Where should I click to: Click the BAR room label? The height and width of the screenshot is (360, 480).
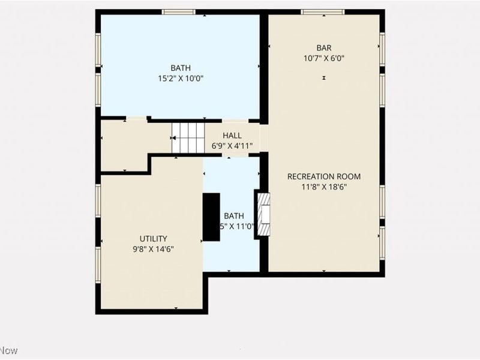coord(324,48)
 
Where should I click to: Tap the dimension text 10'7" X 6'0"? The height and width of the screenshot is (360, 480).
coord(324,58)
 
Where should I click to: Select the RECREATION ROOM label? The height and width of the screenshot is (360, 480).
coord(324,176)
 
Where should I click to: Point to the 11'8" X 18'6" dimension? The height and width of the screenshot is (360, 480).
coord(324,187)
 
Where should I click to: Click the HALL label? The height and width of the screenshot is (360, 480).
coord(232,136)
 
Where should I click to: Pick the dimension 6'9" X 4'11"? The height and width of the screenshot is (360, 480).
coord(232,146)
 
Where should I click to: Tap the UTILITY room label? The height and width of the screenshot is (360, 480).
coord(154,238)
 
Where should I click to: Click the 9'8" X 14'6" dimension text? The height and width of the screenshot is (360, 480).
coord(154,248)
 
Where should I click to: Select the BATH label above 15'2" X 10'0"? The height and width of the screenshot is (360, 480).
coord(180,68)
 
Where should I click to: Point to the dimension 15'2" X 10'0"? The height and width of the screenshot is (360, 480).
coord(180,78)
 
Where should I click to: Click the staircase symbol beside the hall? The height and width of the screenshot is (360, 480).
coord(188,138)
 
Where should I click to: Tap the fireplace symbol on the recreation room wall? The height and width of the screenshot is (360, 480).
coord(263,215)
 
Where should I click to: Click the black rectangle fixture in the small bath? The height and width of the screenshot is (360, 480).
coord(211,217)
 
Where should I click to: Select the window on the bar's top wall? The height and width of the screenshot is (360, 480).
coord(323,11)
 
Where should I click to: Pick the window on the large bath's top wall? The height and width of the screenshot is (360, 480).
coord(179,11)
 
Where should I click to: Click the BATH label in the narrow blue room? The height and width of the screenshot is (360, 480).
coord(234,216)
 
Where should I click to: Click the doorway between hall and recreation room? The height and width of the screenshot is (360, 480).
coord(264,138)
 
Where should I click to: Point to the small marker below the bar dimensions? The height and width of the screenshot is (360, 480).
coord(324,78)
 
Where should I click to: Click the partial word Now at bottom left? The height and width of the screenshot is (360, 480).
coord(9,350)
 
